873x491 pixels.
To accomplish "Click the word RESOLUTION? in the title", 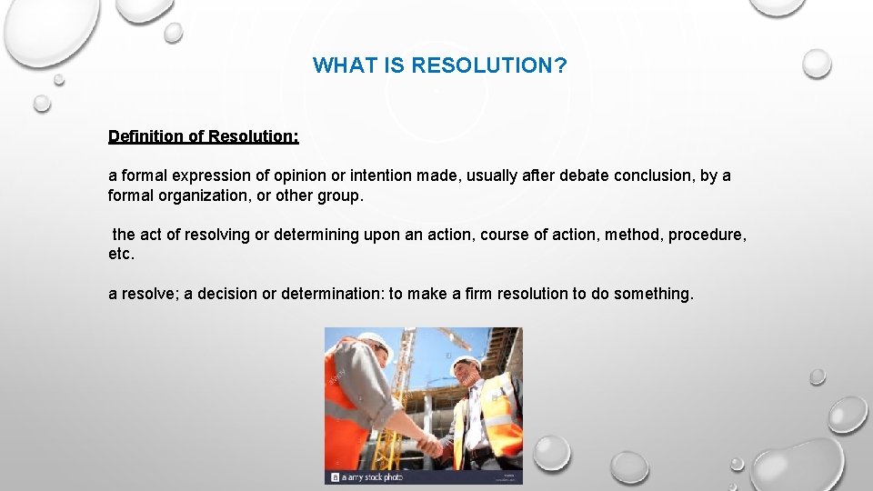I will pyautogui.click(x=489, y=65).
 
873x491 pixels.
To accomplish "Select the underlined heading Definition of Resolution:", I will pyautogui.click(x=203, y=136).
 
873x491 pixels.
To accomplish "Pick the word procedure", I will pyautogui.click(x=707, y=235).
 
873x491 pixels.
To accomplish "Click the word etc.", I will pyautogui.click(x=121, y=255).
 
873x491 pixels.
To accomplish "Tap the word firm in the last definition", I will pyautogui.click(x=479, y=294).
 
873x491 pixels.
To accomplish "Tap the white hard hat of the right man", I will pyautogui.click(x=467, y=361).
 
